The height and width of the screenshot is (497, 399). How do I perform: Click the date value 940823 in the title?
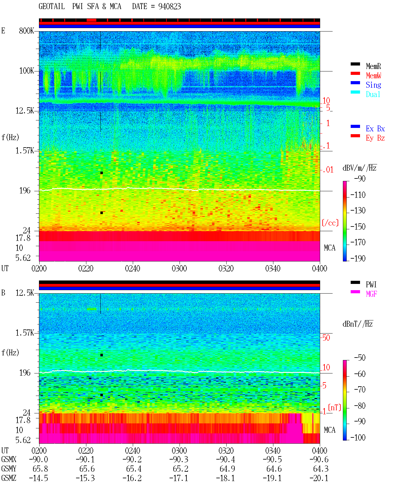(169, 7)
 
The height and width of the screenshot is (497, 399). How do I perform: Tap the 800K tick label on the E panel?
(26, 31)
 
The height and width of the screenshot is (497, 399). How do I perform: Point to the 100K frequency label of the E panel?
(26, 71)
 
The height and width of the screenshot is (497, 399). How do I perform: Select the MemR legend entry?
(373, 66)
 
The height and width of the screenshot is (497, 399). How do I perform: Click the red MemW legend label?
(373, 76)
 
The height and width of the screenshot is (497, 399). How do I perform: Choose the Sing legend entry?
(373, 85)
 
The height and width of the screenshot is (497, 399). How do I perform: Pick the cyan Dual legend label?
(373, 94)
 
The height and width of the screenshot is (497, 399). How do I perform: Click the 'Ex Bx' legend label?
(375, 129)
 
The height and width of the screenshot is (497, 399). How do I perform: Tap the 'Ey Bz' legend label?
(375, 138)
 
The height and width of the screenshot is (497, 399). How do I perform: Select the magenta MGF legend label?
(371, 294)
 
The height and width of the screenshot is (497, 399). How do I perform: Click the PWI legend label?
(371, 285)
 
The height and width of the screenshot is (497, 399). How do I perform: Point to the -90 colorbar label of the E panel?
(360, 179)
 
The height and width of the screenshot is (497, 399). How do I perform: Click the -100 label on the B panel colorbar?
(358, 437)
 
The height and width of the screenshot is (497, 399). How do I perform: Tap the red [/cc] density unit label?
(330, 223)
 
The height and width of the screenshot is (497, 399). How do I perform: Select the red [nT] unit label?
(334, 407)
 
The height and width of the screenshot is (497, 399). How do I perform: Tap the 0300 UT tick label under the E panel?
(179, 269)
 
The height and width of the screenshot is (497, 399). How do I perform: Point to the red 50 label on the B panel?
(326, 338)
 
